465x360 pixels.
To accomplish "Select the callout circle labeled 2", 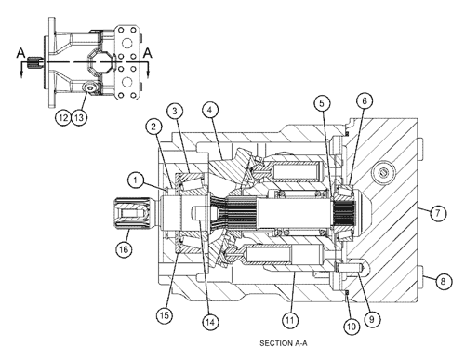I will (151, 125).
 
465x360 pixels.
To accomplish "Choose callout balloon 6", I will (364, 101).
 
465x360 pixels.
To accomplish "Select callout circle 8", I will (444, 279).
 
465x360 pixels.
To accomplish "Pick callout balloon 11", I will (290, 321).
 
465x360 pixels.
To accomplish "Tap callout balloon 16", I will (123, 248).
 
